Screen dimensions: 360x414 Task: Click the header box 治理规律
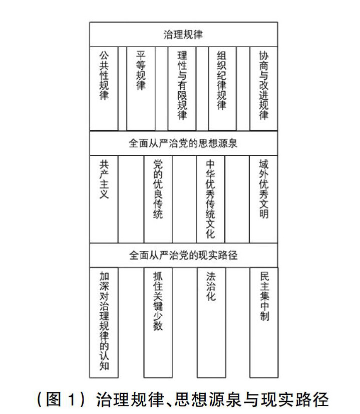point(183,35)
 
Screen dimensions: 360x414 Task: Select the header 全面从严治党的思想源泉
point(183,143)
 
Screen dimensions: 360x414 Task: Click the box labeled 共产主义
point(104,199)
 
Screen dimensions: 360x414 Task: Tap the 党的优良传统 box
point(158,199)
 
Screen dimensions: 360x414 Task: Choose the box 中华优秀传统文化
point(210,199)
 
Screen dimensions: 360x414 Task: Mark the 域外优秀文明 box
point(263,199)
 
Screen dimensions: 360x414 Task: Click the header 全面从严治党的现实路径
point(183,255)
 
